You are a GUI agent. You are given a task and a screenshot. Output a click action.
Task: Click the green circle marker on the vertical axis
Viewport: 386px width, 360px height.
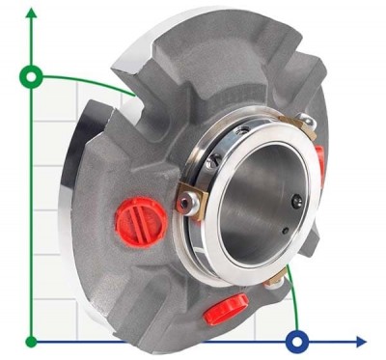pyautogui.click(x=33, y=74)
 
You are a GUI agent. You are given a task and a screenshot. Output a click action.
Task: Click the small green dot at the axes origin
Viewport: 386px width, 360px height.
pyautogui.click(x=33, y=341)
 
